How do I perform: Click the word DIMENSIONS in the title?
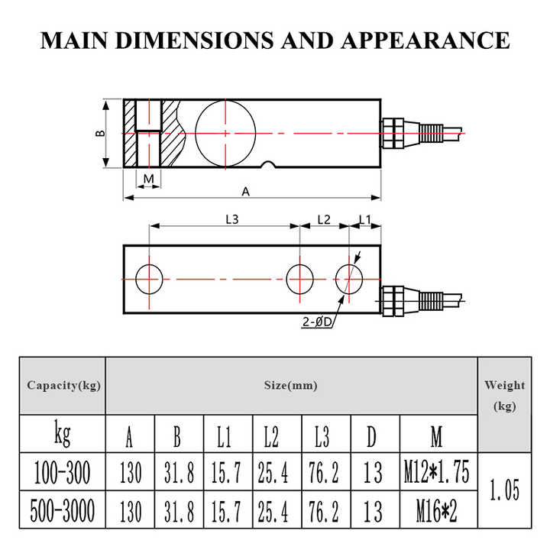coord(194,40)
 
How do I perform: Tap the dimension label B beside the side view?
coord(100,133)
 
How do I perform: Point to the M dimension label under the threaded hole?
coord(149,179)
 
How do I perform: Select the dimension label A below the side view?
coord(245,192)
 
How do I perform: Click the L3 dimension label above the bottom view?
coord(232,219)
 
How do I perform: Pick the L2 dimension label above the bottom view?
coord(324,219)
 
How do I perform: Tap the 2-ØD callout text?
coord(317,322)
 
